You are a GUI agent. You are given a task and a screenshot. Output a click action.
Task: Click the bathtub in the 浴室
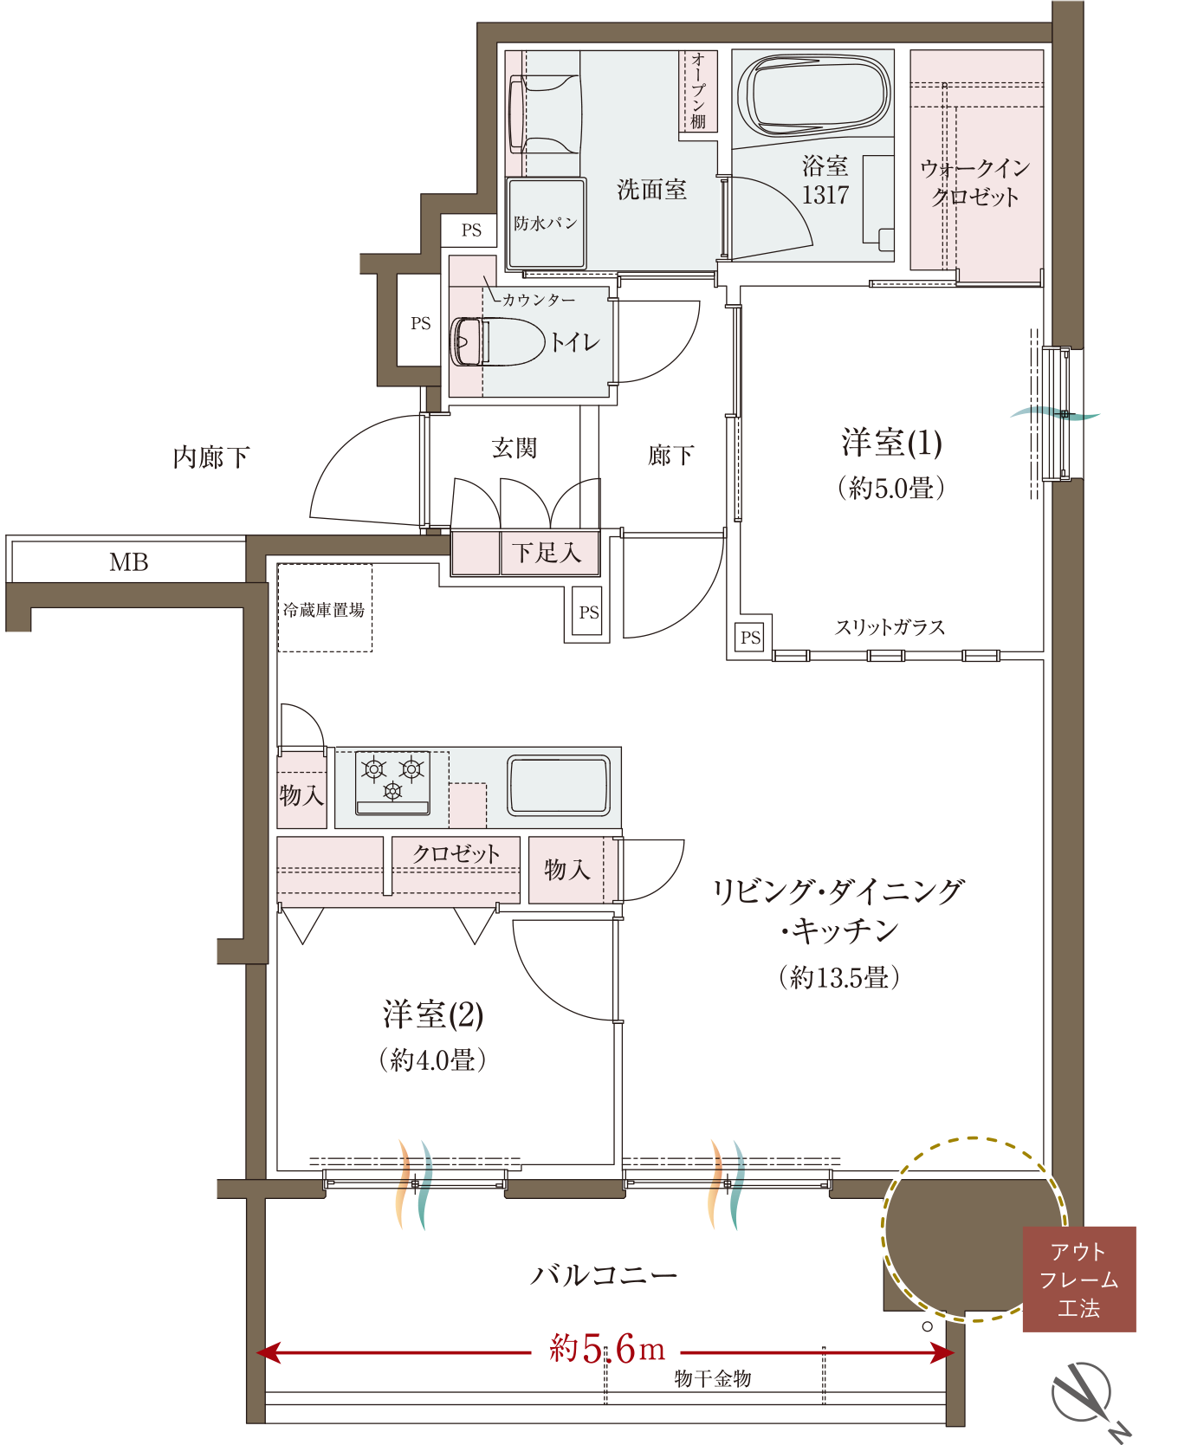(x=813, y=94)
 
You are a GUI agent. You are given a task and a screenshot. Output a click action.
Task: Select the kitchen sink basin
(x=559, y=785)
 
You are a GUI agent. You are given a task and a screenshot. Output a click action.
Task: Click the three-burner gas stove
(x=392, y=782)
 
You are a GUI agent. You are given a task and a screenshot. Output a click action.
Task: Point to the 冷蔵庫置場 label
(x=324, y=610)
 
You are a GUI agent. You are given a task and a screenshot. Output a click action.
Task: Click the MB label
(x=128, y=562)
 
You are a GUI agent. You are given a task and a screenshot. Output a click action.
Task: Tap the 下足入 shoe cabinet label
(x=546, y=552)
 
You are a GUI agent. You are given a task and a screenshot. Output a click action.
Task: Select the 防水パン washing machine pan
(x=546, y=223)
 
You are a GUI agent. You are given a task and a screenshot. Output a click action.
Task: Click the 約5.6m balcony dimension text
(x=607, y=1348)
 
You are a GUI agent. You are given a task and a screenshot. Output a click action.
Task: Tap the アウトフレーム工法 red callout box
(x=1079, y=1279)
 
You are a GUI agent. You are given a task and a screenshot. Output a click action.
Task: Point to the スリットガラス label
(x=890, y=627)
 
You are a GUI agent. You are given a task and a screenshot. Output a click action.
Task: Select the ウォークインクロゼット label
(x=975, y=182)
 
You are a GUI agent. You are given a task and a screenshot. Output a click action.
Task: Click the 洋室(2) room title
(x=433, y=1014)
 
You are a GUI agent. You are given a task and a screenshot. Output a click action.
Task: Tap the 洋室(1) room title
(x=891, y=443)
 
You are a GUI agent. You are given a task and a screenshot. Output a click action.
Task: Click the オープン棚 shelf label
(x=698, y=91)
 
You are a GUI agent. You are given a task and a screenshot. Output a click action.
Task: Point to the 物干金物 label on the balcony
(x=713, y=1378)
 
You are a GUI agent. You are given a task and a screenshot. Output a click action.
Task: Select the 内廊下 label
(x=211, y=457)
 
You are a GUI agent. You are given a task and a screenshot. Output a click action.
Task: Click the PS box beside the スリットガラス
(x=750, y=638)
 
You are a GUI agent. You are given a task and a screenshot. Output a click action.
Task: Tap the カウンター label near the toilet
(x=538, y=300)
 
